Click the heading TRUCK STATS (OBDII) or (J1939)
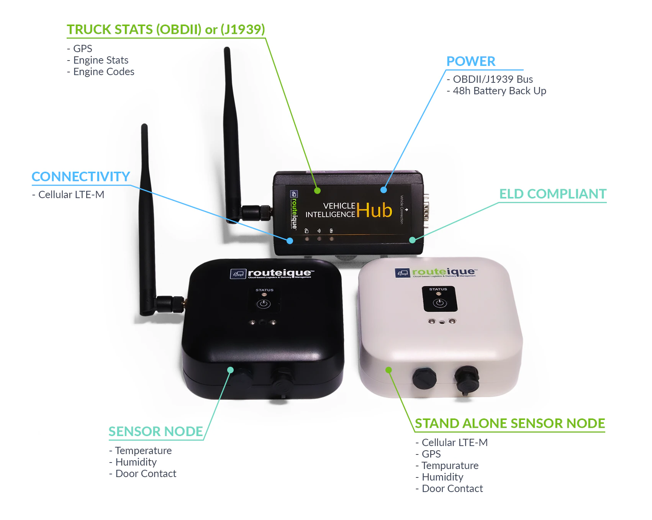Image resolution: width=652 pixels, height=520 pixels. tap(165, 30)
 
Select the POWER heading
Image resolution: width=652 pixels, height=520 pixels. tap(471, 61)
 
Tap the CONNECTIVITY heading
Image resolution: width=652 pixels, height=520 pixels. tap(81, 177)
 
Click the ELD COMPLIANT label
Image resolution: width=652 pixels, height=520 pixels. tap(552, 194)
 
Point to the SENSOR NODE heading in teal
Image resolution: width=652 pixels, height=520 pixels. tap(155, 431)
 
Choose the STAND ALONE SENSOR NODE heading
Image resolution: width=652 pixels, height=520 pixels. tap(509, 423)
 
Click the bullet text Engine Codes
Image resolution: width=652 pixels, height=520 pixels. tap(103, 72)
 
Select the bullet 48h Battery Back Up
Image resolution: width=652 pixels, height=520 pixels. tap(499, 91)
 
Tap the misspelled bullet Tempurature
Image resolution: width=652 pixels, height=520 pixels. tap(450, 466)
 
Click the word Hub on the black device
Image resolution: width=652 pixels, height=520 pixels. tap(374, 210)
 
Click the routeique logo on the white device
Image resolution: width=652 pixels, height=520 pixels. tap(436, 272)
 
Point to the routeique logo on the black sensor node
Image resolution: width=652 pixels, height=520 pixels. tap(272, 273)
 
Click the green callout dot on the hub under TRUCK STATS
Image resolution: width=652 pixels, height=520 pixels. tap(317, 190)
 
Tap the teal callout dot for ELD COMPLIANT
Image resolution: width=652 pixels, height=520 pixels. tap(412, 240)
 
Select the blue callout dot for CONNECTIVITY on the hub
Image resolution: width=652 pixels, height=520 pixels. tap(290, 241)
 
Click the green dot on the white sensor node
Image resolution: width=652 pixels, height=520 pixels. tap(388, 370)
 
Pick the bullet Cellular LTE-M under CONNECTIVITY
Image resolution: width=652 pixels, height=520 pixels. tap(71, 195)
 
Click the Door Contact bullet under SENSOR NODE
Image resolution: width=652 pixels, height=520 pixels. tap(146, 474)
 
